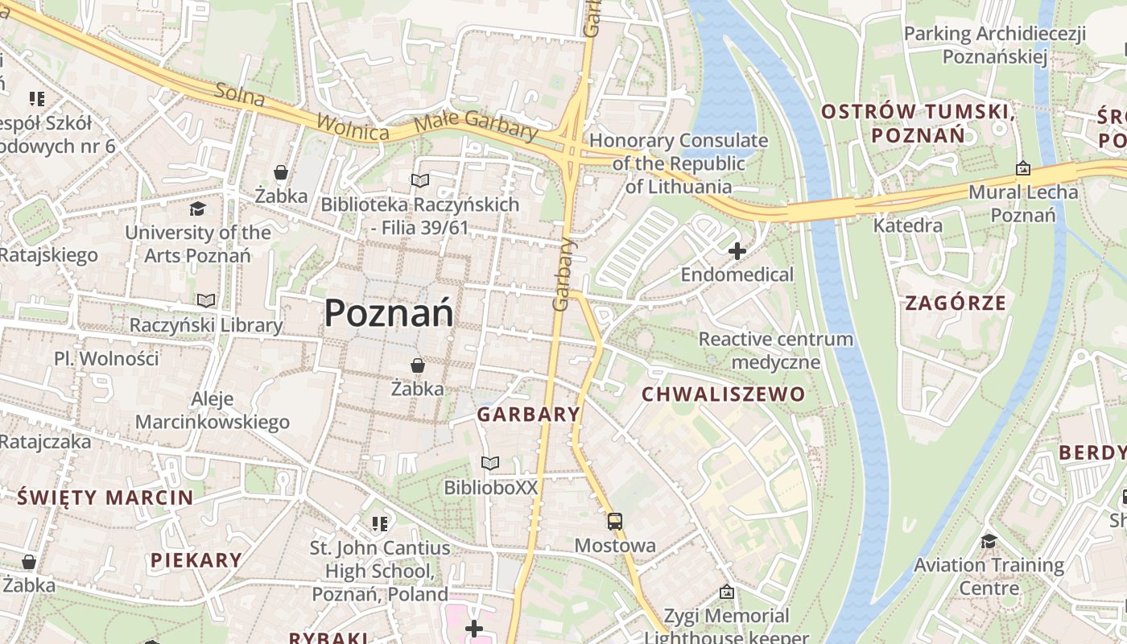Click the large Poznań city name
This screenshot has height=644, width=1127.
(x=389, y=313)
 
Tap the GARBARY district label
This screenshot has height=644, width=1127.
(x=528, y=415)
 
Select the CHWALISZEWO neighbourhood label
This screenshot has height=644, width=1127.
(x=723, y=394)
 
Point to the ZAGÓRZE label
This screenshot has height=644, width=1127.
(x=956, y=303)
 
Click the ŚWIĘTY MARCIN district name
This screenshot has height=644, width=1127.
(x=105, y=497)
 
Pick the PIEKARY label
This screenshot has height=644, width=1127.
(x=196, y=560)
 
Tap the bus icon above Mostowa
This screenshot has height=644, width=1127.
(x=615, y=522)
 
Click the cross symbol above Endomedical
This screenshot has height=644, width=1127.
(x=737, y=252)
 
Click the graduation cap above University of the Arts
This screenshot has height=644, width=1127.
(x=197, y=209)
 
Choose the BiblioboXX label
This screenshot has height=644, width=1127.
(x=491, y=488)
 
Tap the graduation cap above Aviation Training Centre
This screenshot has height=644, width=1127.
(x=989, y=541)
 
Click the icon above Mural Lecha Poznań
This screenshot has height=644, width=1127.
(x=1022, y=168)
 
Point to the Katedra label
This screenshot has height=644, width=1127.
(x=908, y=225)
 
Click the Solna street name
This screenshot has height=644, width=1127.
(x=240, y=94)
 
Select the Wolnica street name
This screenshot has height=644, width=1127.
(x=353, y=127)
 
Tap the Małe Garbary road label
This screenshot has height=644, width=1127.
(x=476, y=127)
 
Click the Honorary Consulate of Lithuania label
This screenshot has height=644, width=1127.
(x=679, y=163)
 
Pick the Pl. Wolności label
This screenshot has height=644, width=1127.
(x=106, y=358)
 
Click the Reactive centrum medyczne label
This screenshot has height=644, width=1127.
(x=775, y=350)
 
